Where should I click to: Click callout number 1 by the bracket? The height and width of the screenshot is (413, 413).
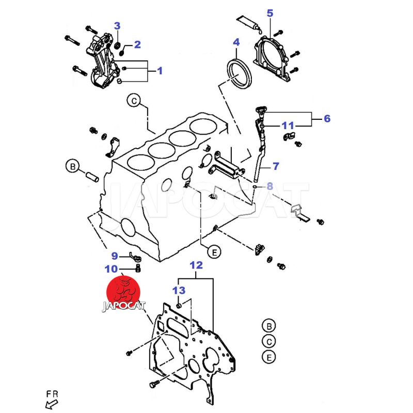pos(159,71)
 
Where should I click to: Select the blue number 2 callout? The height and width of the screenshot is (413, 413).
pos(137,45)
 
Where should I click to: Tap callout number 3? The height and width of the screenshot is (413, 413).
pos(117,26)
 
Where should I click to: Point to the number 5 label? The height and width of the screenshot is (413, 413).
pos(269,13)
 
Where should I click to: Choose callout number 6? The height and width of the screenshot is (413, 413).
pos(327,119)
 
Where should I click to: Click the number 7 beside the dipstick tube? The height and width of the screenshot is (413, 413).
pos(276,166)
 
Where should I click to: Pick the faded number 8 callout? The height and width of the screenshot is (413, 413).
pos(269,186)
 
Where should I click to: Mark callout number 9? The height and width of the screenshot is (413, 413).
pos(115,255)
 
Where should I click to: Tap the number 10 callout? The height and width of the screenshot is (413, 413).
pos(111,268)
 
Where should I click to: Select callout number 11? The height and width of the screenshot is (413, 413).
pos(288,125)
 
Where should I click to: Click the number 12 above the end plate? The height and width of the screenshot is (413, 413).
pos(196,266)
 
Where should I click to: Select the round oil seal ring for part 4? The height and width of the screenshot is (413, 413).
pos(239,75)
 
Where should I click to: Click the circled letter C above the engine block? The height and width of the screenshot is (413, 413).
pos(134,101)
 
